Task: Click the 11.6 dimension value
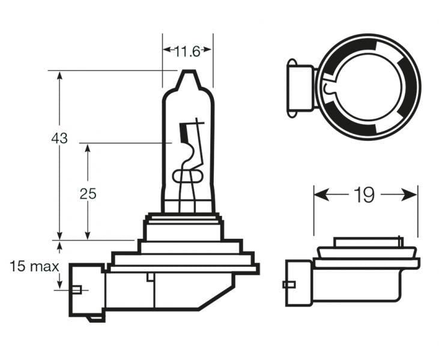point(187,52)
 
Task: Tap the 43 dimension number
point(59,137)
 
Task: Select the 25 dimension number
point(88,193)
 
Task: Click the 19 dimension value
point(365,194)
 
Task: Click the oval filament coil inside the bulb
point(187,176)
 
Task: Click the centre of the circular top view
point(368,86)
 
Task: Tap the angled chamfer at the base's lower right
point(216,297)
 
